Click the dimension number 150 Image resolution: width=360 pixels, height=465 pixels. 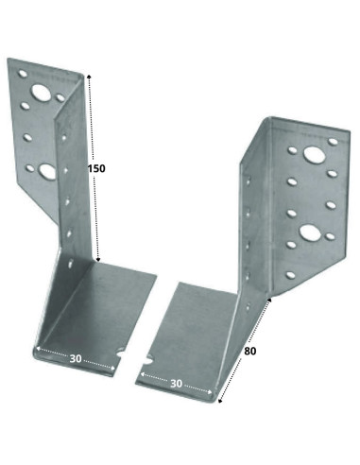tap(95, 168)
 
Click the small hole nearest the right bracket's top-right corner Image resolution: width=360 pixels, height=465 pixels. tap(333, 145)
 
